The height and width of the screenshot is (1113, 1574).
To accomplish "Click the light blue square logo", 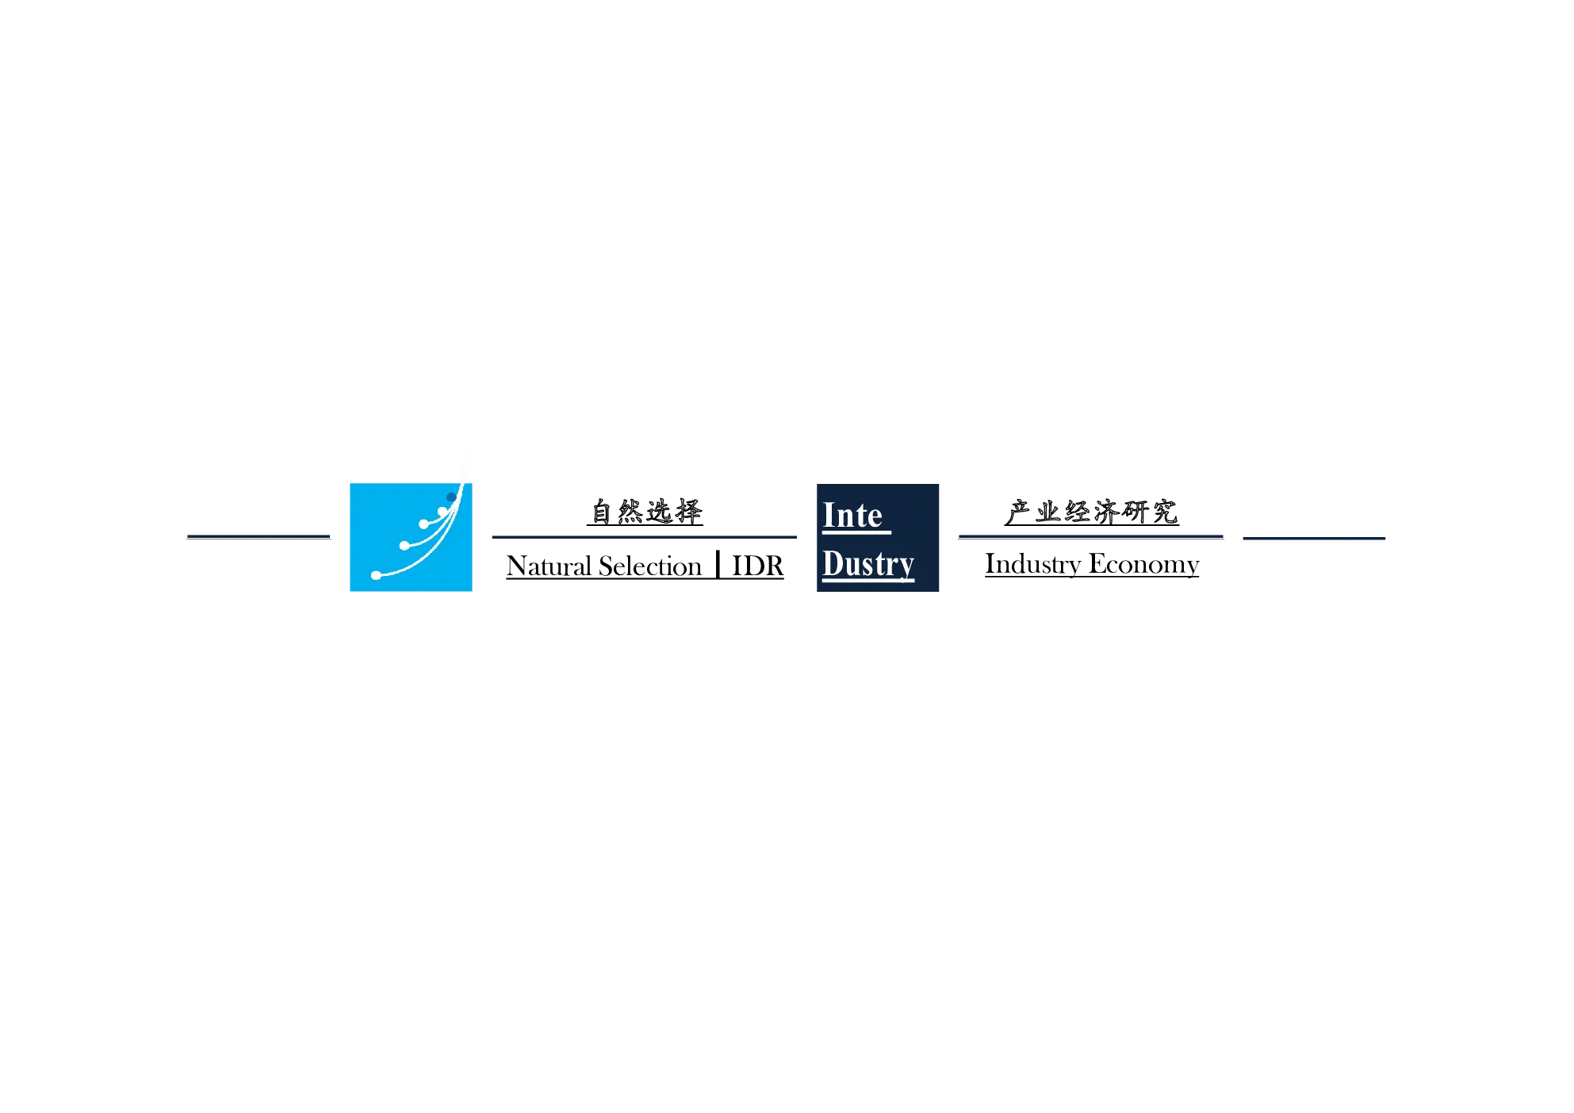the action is (x=411, y=537).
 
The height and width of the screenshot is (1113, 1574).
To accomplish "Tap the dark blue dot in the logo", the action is (x=451, y=497).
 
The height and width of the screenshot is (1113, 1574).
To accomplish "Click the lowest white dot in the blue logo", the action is (x=376, y=575).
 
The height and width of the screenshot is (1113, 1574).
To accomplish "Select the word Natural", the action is (x=549, y=566).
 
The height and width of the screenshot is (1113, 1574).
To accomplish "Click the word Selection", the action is (x=650, y=566).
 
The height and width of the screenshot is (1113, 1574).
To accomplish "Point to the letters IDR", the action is (x=757, y=566).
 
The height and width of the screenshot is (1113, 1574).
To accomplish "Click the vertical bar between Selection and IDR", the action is (x=718, y=565).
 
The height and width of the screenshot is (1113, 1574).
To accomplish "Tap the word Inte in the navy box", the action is (x=852, y=516).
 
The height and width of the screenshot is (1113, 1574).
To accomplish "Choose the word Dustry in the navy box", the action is (x=868, y=564).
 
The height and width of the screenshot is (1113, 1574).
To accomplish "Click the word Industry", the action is (x=1033, y=564).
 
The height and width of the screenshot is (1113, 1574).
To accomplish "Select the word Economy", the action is (x=1144, y=564).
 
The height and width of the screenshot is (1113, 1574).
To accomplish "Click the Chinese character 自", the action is (x=602, y=512).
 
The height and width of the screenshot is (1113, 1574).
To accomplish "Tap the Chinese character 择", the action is (x=688, y=512).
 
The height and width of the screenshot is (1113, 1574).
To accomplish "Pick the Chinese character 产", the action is (x=1018, y=512).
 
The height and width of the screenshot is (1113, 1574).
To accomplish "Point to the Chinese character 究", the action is (x=1165, y=512).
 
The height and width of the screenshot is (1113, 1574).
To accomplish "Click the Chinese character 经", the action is (x=1077, y=512).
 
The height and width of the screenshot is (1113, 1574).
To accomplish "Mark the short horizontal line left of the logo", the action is (x=259, y=537).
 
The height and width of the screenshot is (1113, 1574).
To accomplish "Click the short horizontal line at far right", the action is (x=1314, y=538).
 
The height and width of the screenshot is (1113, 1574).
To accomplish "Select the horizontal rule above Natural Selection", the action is (x=645, y=537).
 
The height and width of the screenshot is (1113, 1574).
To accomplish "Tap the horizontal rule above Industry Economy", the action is (x=1091, y=537).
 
